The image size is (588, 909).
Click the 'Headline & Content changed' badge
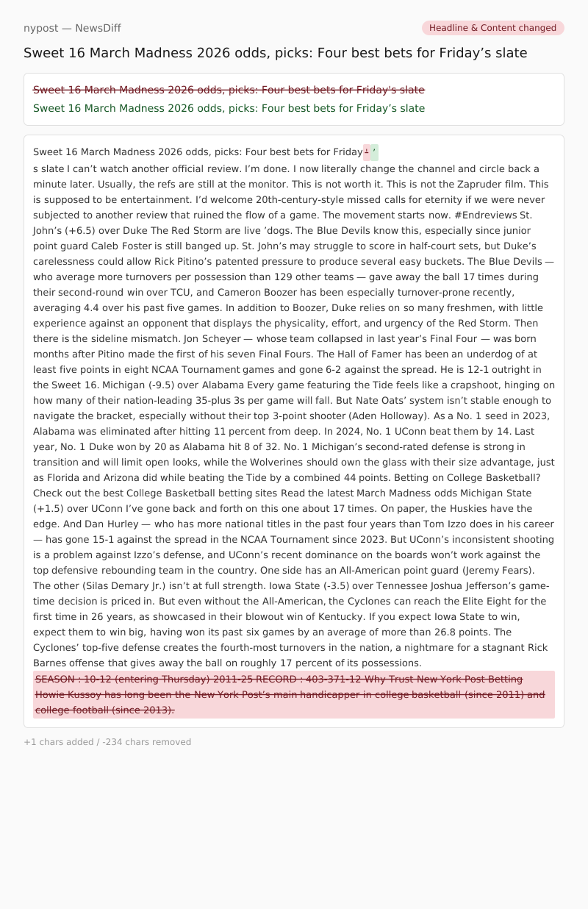[x=492, y=28]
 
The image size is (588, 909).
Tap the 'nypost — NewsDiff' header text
[x=72, y=28]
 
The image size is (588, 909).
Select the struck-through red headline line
[x=229, y=90]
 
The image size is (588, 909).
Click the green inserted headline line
[x=229, y=108]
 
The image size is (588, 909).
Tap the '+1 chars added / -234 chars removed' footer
[x=107, y=742]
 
